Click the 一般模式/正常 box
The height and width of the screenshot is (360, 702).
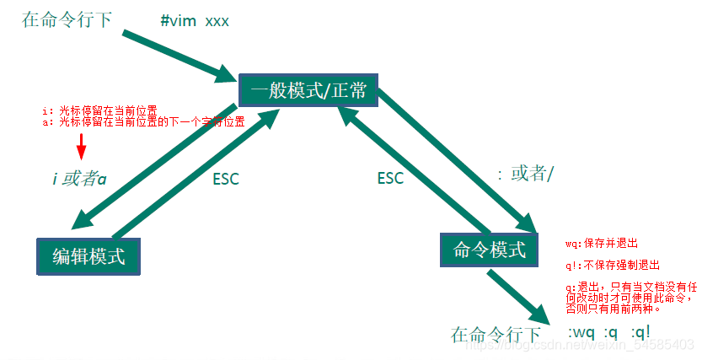[x=308, y=89]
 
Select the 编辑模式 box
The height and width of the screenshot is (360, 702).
[x=88, y=256]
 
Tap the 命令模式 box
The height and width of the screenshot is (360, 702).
[x=490, y=250]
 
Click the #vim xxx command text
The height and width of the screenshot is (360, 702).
[x=195, y=19]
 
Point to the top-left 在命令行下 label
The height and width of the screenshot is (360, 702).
[x=67, y=19]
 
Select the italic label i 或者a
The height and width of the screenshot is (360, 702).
[x=78, y=179]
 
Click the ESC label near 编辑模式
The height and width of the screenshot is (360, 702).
[x=225, y=180]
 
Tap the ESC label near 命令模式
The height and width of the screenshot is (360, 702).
[x=389, y=179]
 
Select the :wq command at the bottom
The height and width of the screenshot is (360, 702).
[x=581, y=333]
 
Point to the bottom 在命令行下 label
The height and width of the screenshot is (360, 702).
[x=495, y=335]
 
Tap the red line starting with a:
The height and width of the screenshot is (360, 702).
[x=143, y=121]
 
